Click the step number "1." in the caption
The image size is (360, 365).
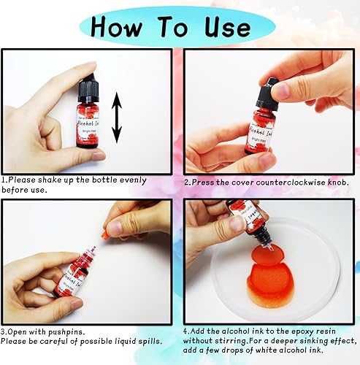tap(4, 180)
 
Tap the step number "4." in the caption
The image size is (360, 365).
tap(188, 330)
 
